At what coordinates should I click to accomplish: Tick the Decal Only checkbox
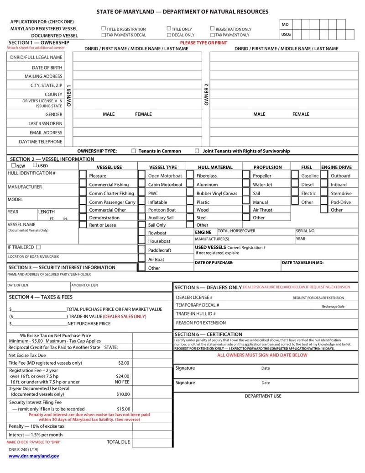click(169, 35)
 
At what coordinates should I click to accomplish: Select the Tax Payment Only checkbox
click(213, 35)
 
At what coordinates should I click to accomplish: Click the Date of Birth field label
click(47, 68)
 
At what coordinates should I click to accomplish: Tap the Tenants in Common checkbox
click(134, 151)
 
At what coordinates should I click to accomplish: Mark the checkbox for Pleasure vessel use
click(83, 175)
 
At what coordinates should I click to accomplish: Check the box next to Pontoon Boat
click(141, 210)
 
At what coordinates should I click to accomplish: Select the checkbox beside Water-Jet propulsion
click(246, 185)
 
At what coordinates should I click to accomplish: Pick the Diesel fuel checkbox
click(294, 185)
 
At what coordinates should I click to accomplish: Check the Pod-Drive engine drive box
click(323, 202)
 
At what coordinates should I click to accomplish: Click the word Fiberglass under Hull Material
click(207, 176)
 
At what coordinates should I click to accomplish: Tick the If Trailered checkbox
click(38, 247)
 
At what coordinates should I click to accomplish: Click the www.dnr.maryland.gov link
click(34, 456)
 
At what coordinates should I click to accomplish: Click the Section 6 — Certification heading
click(209, 335)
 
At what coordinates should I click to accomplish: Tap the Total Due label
click(118, 442)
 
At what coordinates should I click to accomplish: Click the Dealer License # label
click(193, 298)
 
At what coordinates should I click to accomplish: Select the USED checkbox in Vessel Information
click(35, 165)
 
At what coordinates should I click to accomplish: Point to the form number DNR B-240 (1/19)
click(23, 450)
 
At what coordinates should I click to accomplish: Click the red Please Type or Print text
click(203, 43)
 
